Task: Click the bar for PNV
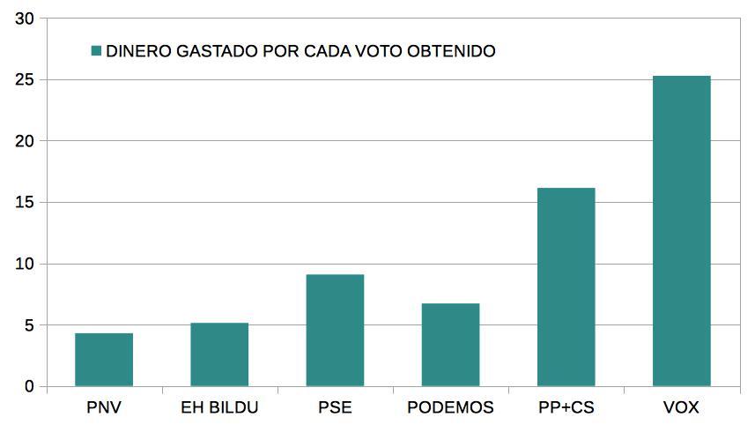[104, 360]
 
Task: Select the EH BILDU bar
[219, 354]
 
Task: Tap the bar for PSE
[335, 331]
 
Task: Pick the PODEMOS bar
[450, 345]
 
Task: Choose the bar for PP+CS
[566, 287]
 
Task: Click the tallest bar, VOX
[681, 231]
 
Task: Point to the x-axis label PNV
[104, 408]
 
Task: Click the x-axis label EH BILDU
[219, 408]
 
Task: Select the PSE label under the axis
[335, 408]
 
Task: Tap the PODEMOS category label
[450, 408]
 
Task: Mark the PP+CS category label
[566, 408]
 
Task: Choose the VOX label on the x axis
[681, 408]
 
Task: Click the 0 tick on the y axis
[30, 387]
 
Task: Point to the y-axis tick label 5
[30, 325]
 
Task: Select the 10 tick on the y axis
[26, 265]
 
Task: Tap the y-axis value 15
[26, 203]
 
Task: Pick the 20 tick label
[26, 141]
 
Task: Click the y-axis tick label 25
[26, 80]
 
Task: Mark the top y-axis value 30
[26, 19]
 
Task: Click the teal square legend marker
[96, 51]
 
